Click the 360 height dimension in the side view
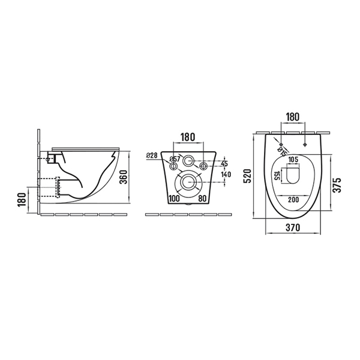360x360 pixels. [123, 177]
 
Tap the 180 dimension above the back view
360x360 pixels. [188, 137]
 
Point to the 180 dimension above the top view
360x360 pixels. [293, 117]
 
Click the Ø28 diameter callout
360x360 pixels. [152, 155]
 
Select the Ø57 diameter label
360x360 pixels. [175, 159]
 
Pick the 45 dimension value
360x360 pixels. [224, 163]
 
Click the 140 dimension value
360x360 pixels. [226, 175]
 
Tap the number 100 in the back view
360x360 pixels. [174, 199]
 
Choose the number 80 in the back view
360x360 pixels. [202, 199]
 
